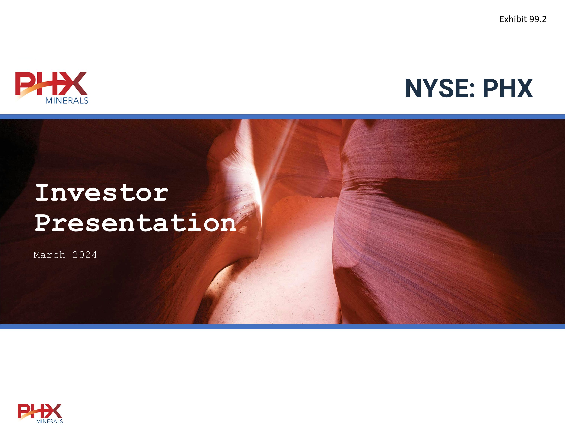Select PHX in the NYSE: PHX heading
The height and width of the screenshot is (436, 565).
pos(508,89)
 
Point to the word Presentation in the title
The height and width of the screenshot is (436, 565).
pos(135,223)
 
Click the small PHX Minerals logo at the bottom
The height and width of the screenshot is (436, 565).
pos(40,413)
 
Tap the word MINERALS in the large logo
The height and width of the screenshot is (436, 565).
pos(67,101)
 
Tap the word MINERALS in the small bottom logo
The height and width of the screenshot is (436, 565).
pos(49,421)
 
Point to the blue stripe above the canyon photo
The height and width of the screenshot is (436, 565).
pos(282,117)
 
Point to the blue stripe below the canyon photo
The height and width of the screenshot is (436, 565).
pos(282,327)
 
